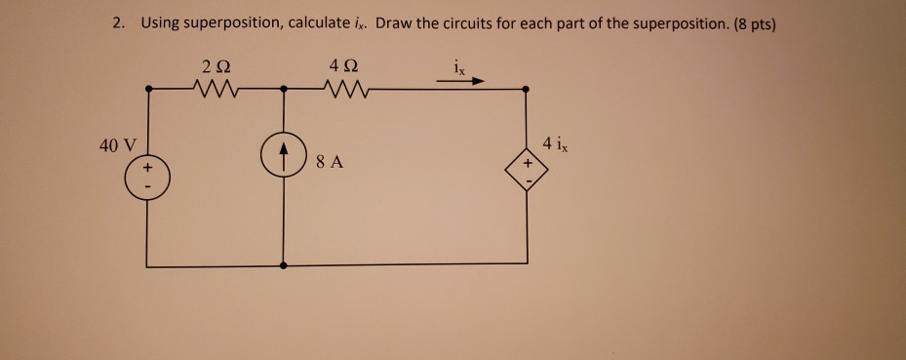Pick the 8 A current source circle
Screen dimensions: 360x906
284,157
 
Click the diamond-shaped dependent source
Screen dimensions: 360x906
527,172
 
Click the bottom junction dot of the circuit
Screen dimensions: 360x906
284,264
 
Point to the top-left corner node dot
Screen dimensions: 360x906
146,89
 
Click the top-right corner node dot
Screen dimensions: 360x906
527,89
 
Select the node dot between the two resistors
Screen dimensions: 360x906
284,89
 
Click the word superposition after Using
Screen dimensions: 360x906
228,24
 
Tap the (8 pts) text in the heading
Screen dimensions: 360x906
751,24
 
